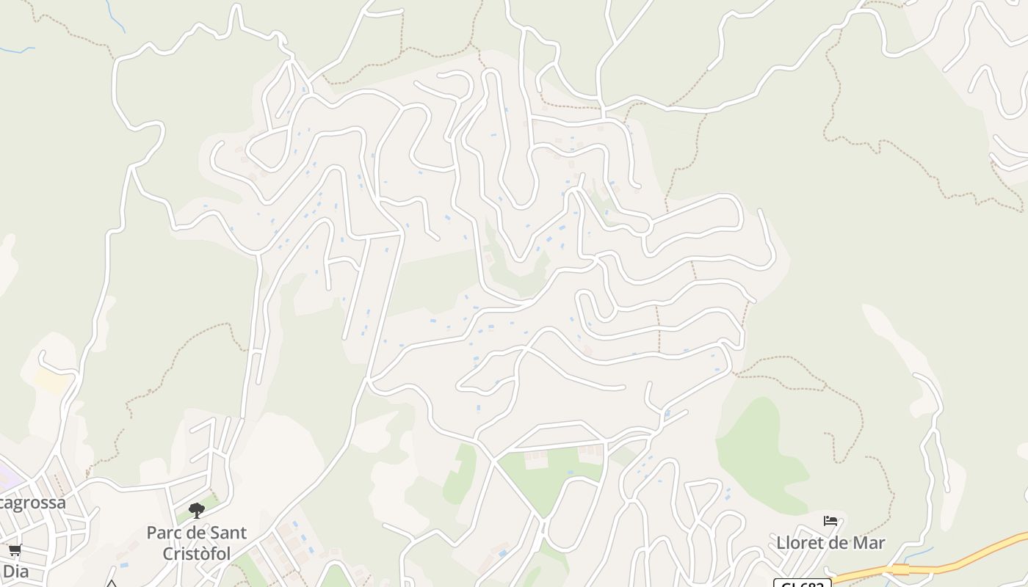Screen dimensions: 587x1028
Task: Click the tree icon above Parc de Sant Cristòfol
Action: (x=196, y=510)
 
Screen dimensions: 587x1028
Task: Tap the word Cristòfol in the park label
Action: (x=197, y=554)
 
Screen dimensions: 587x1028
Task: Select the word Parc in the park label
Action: (x=163, y=533)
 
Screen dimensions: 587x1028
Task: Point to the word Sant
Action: (x=225, y=533)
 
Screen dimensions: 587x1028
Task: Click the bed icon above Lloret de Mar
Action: (x=830, y=521)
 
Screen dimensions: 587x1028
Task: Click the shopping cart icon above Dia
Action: (x=15, y=550)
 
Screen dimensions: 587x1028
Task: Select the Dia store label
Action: (x=15, y=569)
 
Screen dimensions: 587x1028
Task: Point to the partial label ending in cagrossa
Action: (x=32, y=503)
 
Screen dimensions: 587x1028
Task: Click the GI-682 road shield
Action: (x=802, y=584)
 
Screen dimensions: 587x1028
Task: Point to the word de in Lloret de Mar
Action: (x=839, y=544)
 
